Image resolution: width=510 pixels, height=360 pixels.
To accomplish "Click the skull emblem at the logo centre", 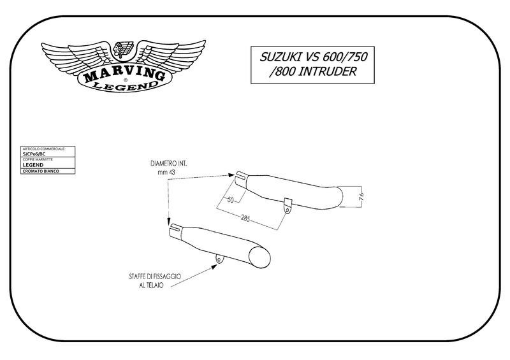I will pos(123,52).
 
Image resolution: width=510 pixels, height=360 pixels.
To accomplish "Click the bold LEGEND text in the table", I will pos(33,164).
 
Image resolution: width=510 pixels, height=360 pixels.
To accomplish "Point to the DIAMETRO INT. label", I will pos(169,164).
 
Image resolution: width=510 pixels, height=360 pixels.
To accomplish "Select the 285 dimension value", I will pos(245,219).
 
